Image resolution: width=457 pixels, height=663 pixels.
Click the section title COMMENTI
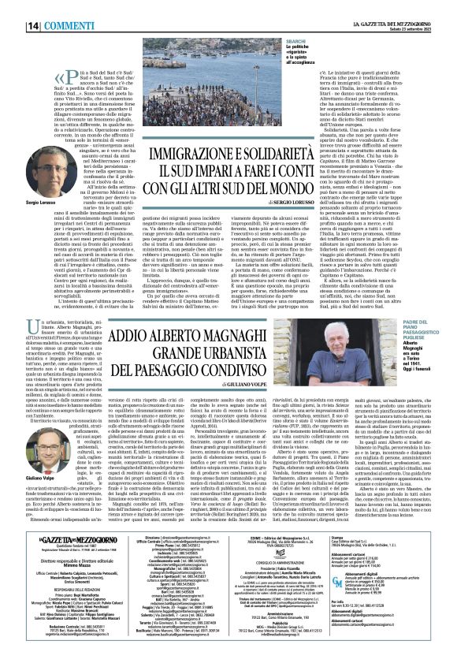(x=49, y=7)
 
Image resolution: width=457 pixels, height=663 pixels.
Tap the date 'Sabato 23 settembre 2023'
(x=425, y=9)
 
